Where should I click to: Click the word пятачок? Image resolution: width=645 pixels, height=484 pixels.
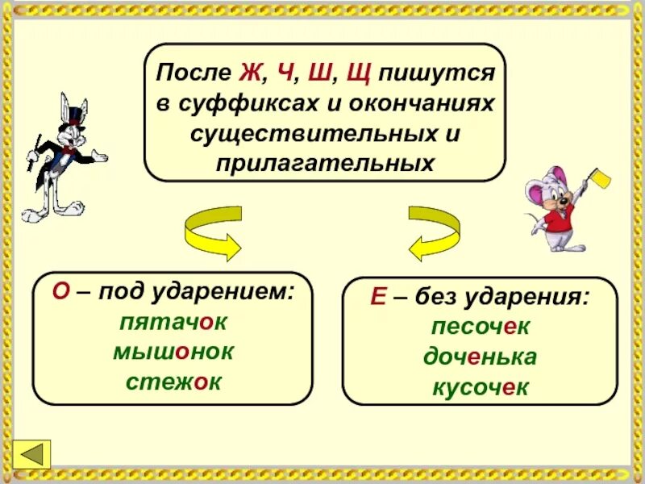[173, 323]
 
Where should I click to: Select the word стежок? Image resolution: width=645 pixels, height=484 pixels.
[173, 382]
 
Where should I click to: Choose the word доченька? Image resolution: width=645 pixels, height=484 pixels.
[480, 357]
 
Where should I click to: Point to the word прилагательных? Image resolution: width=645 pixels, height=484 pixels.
[325, 162]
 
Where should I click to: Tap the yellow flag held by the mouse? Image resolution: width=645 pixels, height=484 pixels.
[600, 177]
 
